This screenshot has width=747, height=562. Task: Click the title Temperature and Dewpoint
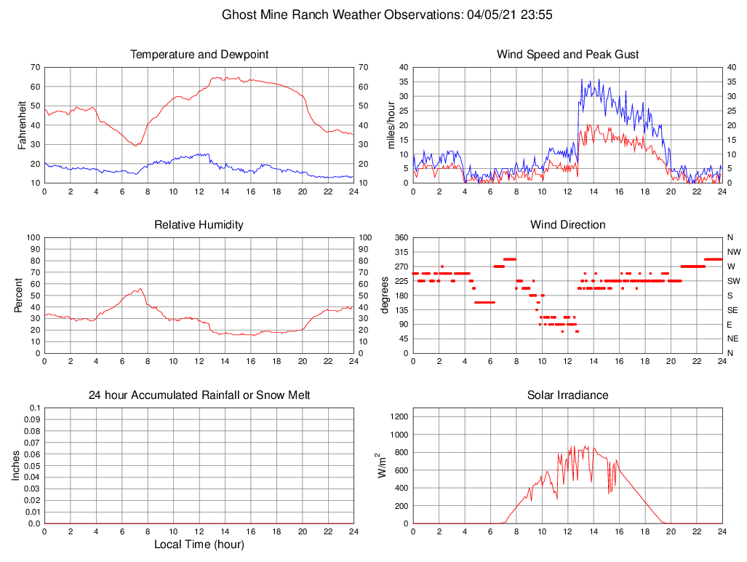(199, 55)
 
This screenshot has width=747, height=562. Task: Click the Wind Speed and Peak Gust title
(567, 55)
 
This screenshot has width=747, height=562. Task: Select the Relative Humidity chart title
(199, 225)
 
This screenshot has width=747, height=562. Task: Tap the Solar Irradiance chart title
(567, 395)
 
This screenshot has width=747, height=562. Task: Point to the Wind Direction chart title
(567, 225)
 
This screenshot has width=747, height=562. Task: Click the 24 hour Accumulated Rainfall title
(199, 395)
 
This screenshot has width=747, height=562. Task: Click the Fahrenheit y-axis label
(22, 125)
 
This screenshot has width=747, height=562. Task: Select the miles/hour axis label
(391, 125)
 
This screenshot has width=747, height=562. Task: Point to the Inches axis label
(16, 466)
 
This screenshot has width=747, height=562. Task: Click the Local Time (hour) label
(199, 545)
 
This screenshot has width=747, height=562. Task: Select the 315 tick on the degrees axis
(400, 252)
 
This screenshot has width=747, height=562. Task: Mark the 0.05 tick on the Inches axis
(33, 466)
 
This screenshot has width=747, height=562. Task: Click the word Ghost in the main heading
(238, 15)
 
